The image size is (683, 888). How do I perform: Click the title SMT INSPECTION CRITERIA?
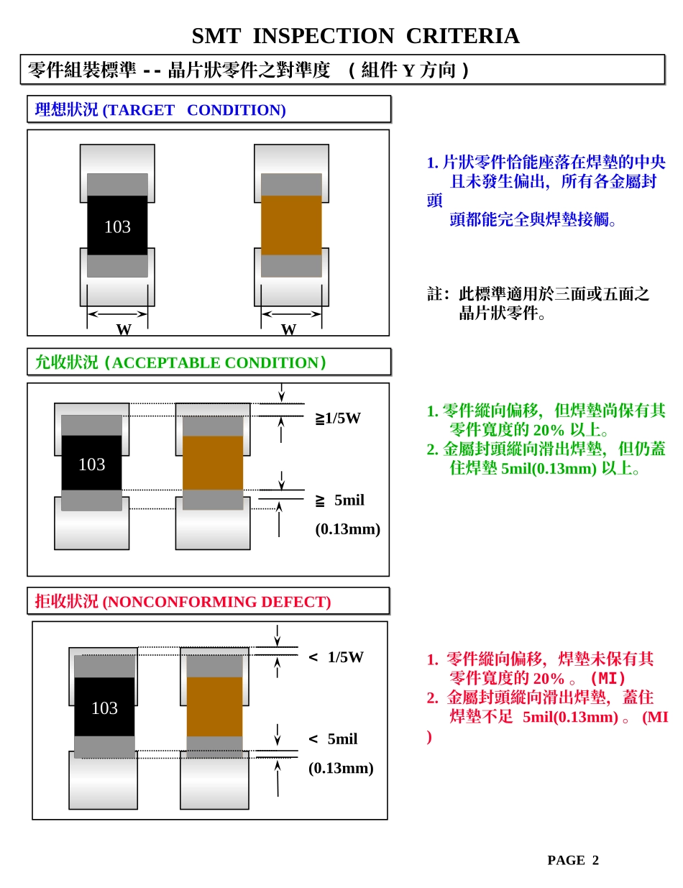coord(355,36)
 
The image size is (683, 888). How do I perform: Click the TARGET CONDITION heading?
coord(160,110)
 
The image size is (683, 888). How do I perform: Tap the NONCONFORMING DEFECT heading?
coord(183,602)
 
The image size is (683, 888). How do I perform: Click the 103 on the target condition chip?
coord(117,227)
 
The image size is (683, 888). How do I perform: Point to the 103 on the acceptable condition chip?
coord(91,464)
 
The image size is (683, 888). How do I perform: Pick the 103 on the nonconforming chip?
coord(104,708)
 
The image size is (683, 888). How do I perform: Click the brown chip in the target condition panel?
coord(291,225)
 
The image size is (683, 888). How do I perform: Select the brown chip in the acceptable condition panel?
coord(213,463)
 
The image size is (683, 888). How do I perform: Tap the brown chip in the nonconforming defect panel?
coord(214,706)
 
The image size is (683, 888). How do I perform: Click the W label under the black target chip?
coord(124,330)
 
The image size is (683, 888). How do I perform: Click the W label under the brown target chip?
coord(288,330)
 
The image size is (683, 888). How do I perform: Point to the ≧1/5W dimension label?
coord(338,418)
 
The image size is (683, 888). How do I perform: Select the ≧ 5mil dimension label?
coord(340,500)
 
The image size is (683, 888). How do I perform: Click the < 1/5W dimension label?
coord(336,657)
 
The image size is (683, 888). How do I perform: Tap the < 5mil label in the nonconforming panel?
coord(333,739)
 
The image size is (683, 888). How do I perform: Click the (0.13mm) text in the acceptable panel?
coord(348,529)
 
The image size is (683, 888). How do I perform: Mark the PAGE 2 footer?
coord(573,861)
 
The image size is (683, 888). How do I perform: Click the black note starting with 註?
coord(538,303)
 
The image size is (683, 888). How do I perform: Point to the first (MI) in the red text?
coord(607,678)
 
